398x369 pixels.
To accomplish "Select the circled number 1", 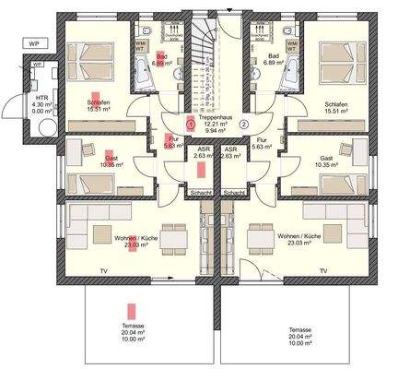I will click(190, 124).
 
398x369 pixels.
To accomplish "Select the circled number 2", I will click(244, 124).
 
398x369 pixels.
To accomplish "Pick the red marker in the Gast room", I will click(111, 158).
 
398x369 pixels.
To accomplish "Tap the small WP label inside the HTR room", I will click(38, 65).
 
